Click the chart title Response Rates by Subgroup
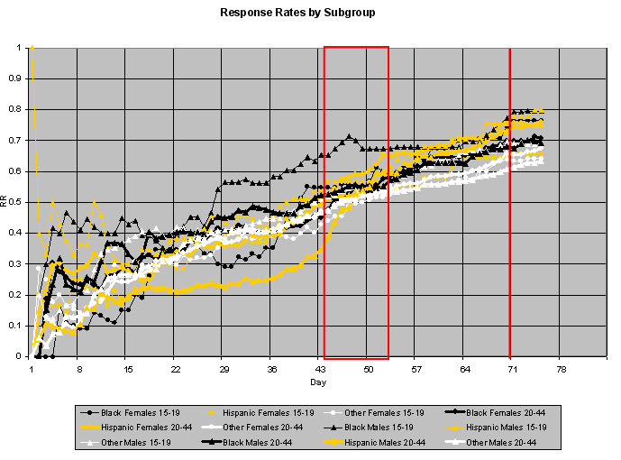point(310,14)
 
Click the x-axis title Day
point(319,383)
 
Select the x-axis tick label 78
point(560,369)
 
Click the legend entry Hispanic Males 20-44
point(383,442)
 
